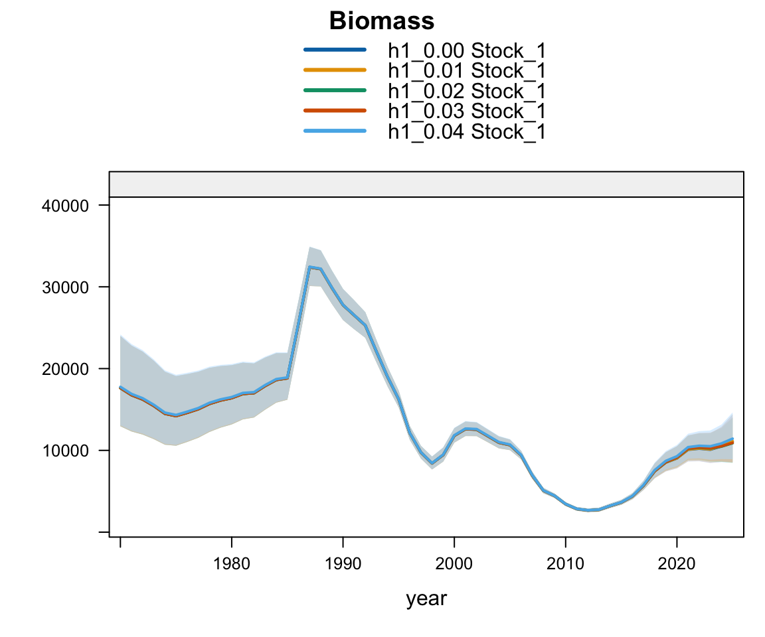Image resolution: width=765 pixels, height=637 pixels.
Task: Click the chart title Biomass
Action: click(382, 21)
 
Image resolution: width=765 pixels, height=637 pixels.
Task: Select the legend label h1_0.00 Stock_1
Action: click(466, 50)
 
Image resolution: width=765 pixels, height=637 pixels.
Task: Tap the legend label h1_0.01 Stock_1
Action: click(466, 71)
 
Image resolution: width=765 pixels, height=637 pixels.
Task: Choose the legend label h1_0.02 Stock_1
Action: click(466, 91)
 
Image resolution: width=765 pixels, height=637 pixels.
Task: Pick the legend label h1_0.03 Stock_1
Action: click(466, 111)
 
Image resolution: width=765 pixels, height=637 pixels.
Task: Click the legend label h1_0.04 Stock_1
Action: click(466, 131)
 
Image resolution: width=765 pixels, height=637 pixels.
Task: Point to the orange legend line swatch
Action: click(335, 70)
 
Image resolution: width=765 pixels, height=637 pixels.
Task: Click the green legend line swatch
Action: click(335, 90)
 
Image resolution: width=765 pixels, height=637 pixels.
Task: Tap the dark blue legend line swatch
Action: click(335, 49)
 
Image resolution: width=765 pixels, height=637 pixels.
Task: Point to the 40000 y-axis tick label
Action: click(65, 206)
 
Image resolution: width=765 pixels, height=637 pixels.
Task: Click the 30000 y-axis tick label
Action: click(65, 287)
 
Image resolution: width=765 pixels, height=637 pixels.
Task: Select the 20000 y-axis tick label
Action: click(65, 369)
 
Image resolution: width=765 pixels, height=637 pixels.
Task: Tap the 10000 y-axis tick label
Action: click(65, 451)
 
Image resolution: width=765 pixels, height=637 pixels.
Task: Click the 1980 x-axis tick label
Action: click(231, 564)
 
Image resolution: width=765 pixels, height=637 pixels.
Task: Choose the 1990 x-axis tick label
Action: click(343, 564)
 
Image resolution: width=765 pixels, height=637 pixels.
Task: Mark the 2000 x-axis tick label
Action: click(454, 564)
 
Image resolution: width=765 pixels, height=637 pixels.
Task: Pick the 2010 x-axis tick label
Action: click(566, 564)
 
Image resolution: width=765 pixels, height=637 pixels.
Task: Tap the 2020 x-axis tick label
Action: click(677, 564)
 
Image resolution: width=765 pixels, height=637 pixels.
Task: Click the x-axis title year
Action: click(426, 599)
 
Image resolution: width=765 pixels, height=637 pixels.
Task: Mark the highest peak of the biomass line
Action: click(310, 267)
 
